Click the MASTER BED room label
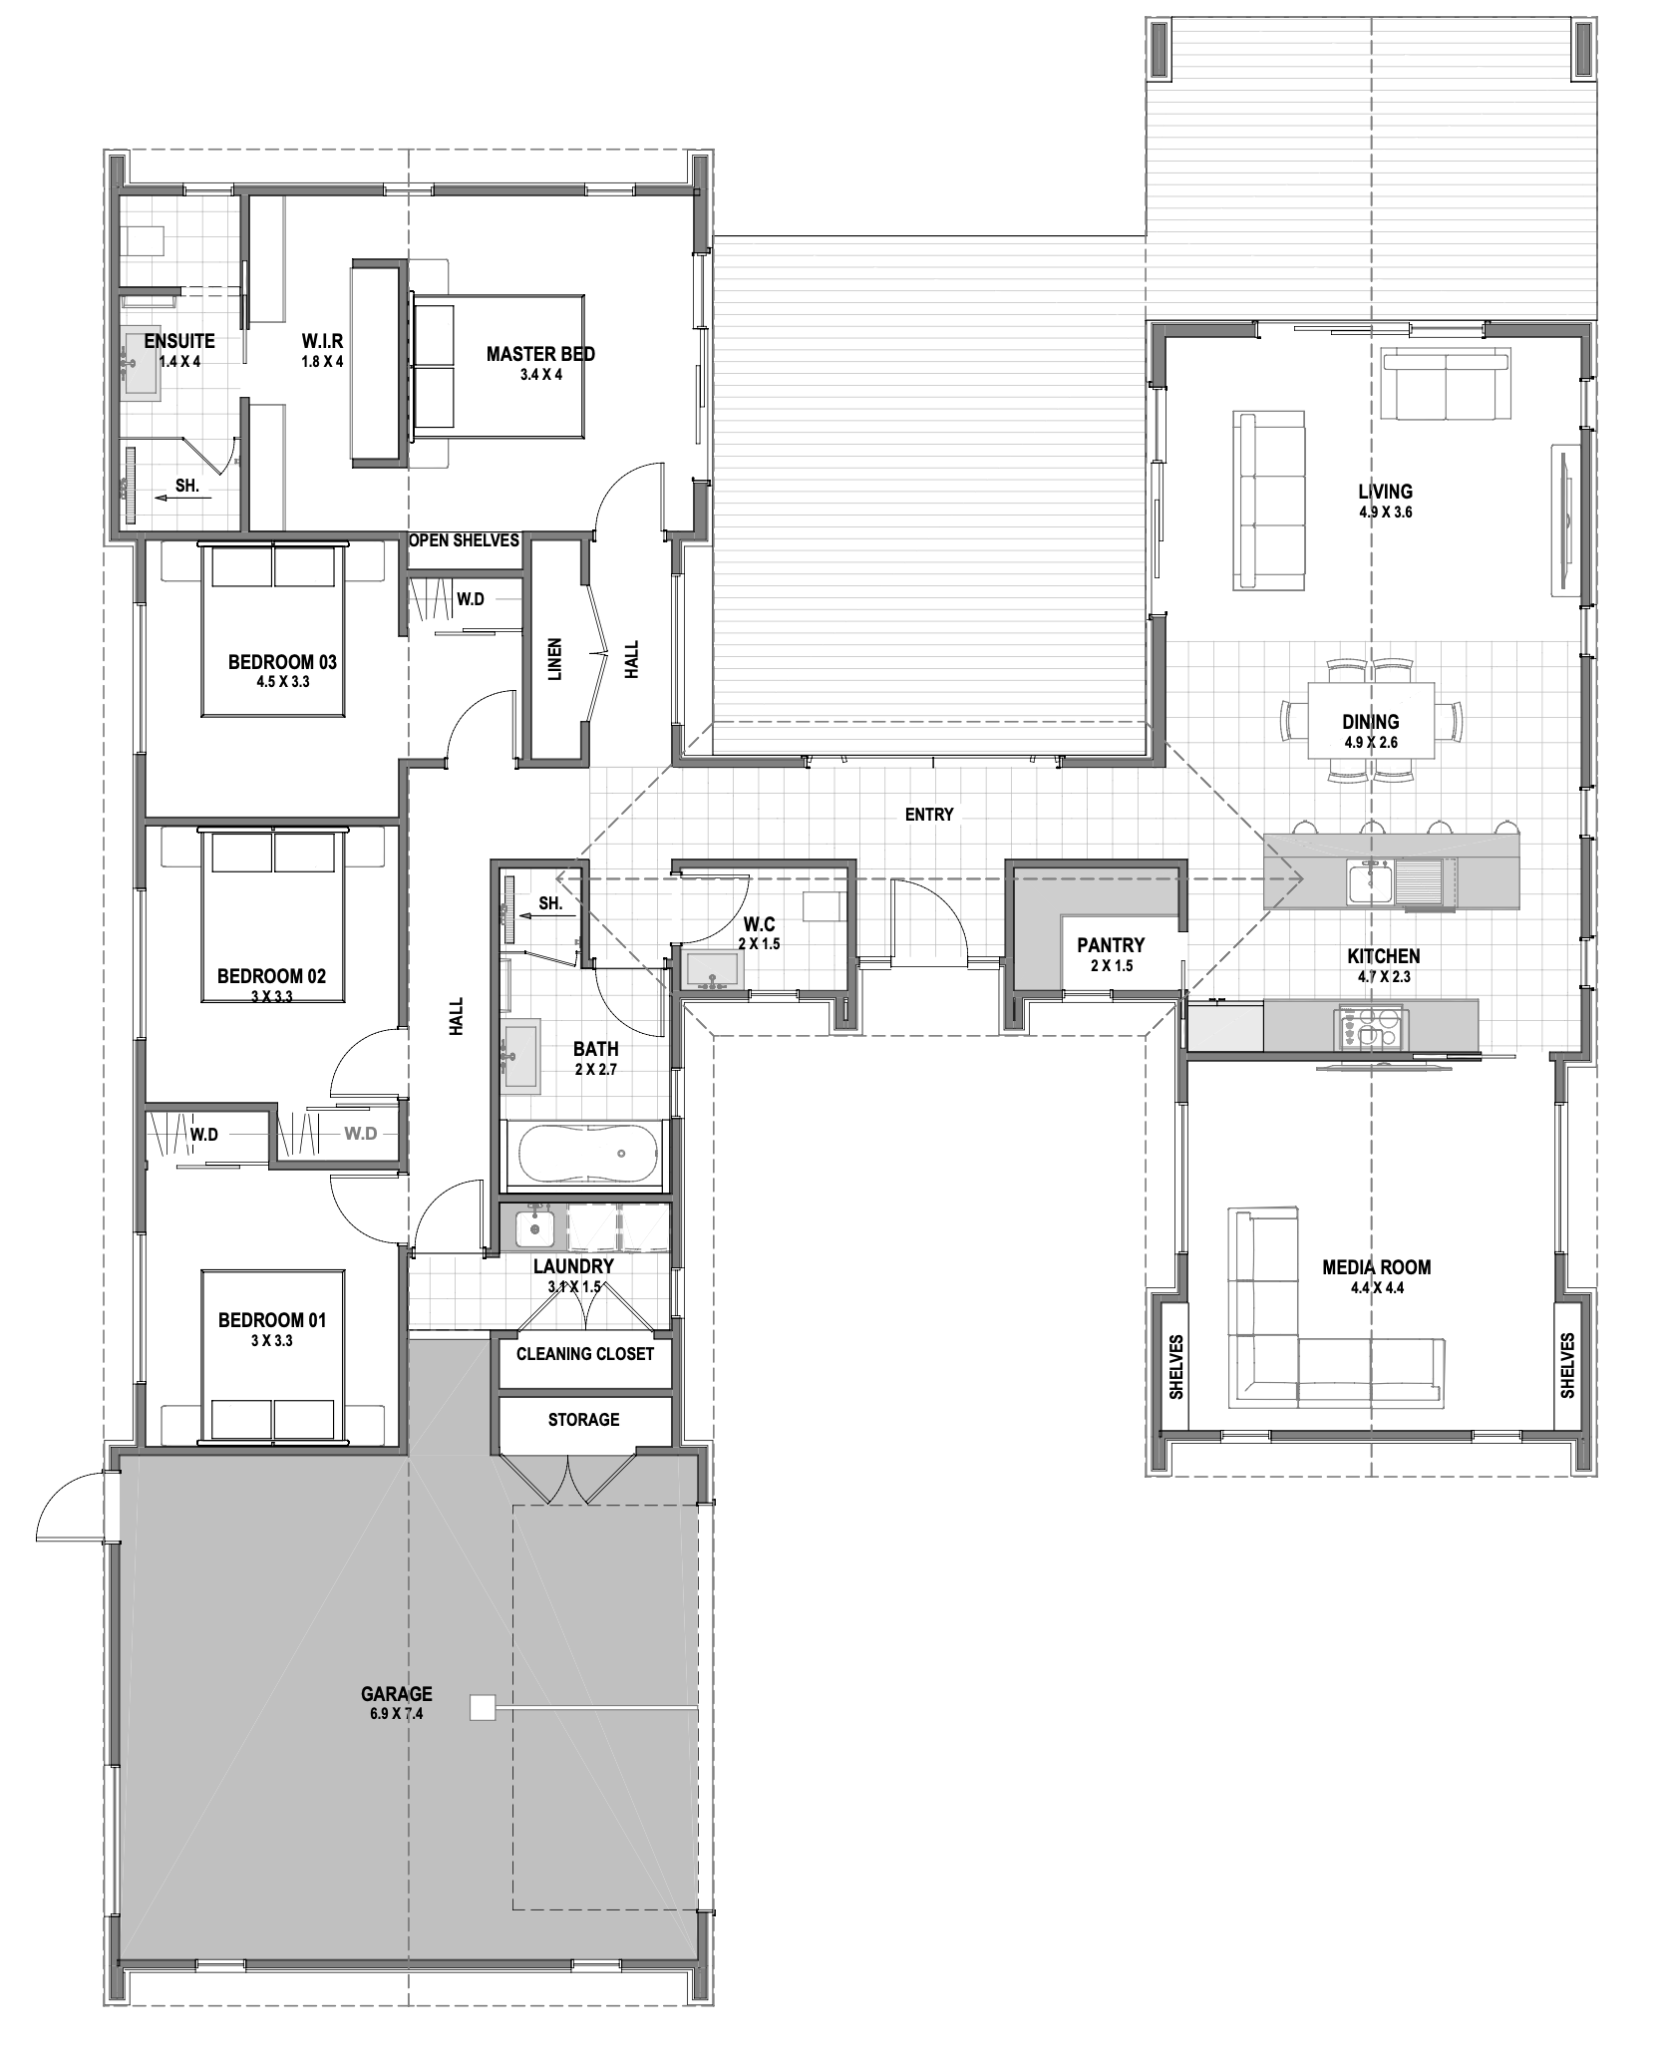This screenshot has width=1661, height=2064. (540, 354)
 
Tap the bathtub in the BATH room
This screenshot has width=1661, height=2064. (584, 1155)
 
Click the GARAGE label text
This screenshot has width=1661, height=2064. (397, 1693)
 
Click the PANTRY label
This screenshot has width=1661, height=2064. (1111, 945)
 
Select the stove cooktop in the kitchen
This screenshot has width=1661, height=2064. (1372, 1028)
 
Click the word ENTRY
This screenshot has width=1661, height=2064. (929, 815)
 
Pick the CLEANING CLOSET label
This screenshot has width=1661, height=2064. (585, 1353)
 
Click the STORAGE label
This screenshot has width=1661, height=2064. (583, 1419)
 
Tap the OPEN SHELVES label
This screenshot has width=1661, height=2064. (465, 539)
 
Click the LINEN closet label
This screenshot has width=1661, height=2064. (555, 660)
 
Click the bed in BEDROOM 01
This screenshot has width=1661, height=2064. (274, 1356)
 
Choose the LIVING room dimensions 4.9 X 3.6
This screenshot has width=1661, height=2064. (1385, 513)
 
